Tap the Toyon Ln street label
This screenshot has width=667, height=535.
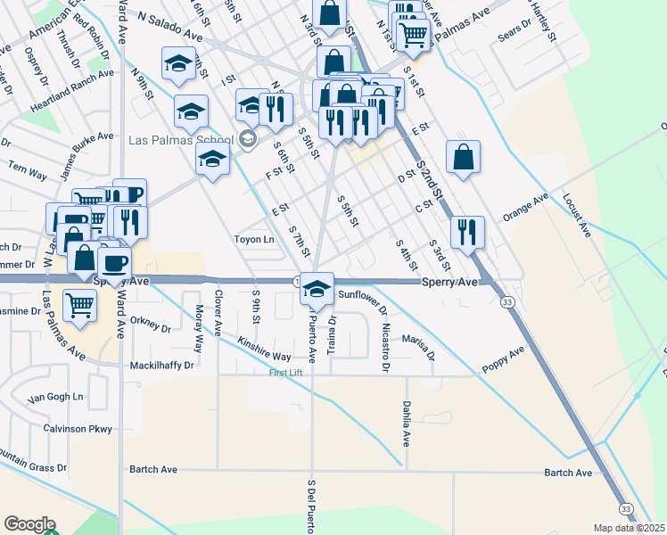[254, 240]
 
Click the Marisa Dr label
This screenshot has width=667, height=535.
[417, 345]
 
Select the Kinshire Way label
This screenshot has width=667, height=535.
[264, 349]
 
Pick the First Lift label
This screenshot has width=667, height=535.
[286, 372]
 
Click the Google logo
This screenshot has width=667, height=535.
[29, 524]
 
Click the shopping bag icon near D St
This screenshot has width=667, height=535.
[464, 159]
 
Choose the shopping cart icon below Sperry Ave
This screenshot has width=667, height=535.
[80, 306]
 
